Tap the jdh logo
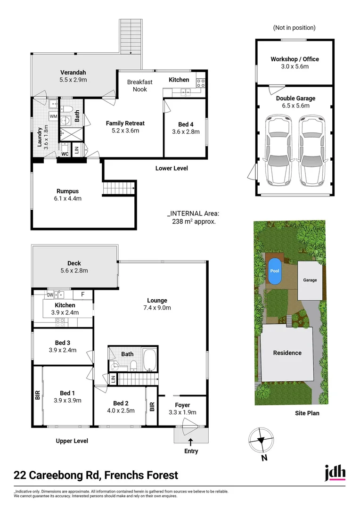pyautogui.click(x=335, y=473)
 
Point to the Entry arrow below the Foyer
pyautogui.click(x=191, y=442)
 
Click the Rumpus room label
pyautogui.click(x=67, y=191)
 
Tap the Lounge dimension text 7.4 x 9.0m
pyautogui.click(x=157, y=308)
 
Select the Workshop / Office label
pyautogui.click(x=295, y=59)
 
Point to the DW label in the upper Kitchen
pyautogui.click(x=50, y=295)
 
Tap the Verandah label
pyautogui.click(x=73, y=73)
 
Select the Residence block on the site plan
pyautogui.click(x=287, y=353)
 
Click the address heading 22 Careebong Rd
pyautogui.click(x=96, y=475)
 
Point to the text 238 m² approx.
pyautogui.click(x=194, y=221)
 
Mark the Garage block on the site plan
pyautogui.click(x=310, y=280)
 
